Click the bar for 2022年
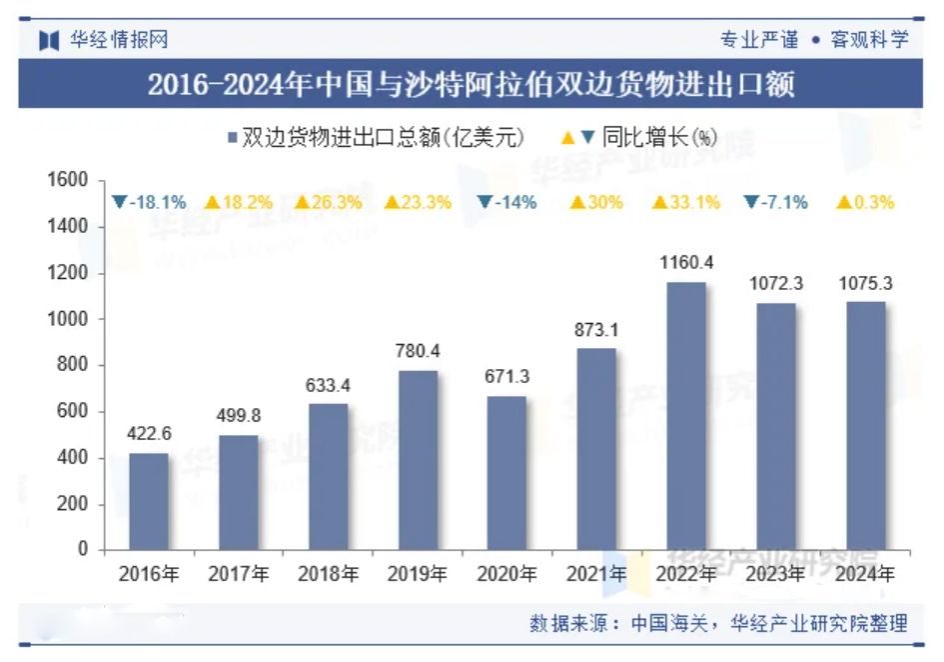click(x=685, y=416)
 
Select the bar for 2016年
click(x=149, y=502)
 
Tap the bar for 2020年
click(x=506, y=473)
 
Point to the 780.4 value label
click(x=418, y=351)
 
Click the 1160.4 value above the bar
click(x=685, y=262)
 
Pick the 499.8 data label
click(x=238, y=416)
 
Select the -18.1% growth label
click(x=149, y=202)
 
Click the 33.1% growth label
click(x=686, y=202)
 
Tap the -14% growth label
click(x=507, y=202)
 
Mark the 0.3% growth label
click(x=865, y=202)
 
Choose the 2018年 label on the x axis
click(x=328, y=575)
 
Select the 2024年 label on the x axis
click(x=865, y=575)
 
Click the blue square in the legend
click(x=233, y=138)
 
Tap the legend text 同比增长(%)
click(x=659, y=138)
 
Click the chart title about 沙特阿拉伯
click(x=472, y=85)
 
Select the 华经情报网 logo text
click(x=118, y=40)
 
